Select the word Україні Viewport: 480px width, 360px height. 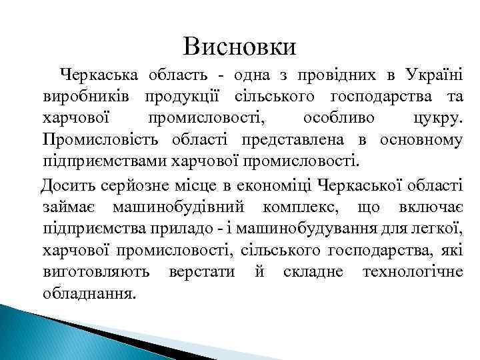click(x=436, y=75)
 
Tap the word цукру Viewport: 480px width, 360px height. click(x=437, y=119)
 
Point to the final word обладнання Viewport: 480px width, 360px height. click(x=88, y=293)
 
